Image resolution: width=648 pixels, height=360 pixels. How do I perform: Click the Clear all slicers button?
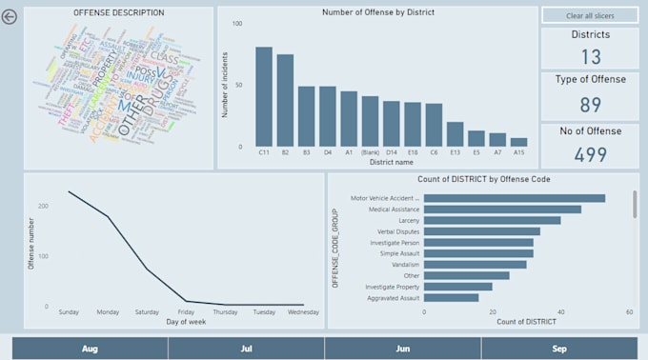[x=590, y=16]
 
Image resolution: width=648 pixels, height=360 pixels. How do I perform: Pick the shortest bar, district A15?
[x=517, y=141]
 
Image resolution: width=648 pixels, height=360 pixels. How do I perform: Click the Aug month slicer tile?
[x=90, y=349]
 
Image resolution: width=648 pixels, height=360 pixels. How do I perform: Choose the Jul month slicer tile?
[x=247, y=349]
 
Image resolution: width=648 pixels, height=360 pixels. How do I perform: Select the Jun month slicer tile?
[x=403, y=349]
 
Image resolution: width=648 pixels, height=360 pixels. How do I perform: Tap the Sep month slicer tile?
[x=559, y=349]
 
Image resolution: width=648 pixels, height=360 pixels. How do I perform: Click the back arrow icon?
[x=10, y=16]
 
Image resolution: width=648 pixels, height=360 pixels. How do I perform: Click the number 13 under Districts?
[x=590, y=56]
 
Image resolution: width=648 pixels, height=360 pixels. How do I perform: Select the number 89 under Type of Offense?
[x=590, y=104]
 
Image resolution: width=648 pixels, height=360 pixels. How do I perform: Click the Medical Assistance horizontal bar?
[x=502, y=210]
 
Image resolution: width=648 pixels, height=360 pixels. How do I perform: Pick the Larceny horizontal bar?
[x=492, y=220]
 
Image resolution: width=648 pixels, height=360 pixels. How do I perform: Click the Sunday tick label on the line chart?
[x=68, y=311]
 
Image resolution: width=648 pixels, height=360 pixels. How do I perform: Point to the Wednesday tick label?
[x=303, y=311]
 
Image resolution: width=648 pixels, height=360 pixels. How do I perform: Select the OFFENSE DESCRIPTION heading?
[x=119, y=13]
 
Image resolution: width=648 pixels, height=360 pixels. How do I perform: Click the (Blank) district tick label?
[x=370, y=150]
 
